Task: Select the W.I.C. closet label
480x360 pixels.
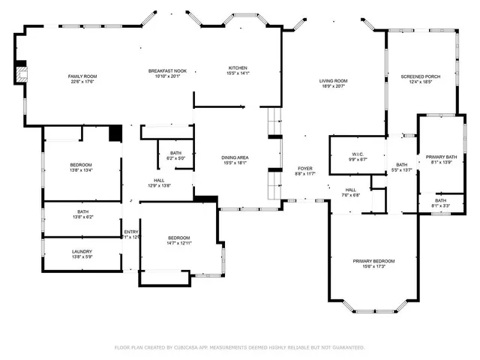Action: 358,157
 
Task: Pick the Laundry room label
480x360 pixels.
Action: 82,253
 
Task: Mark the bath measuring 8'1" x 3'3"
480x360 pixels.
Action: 440,202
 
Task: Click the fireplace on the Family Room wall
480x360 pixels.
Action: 22,73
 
